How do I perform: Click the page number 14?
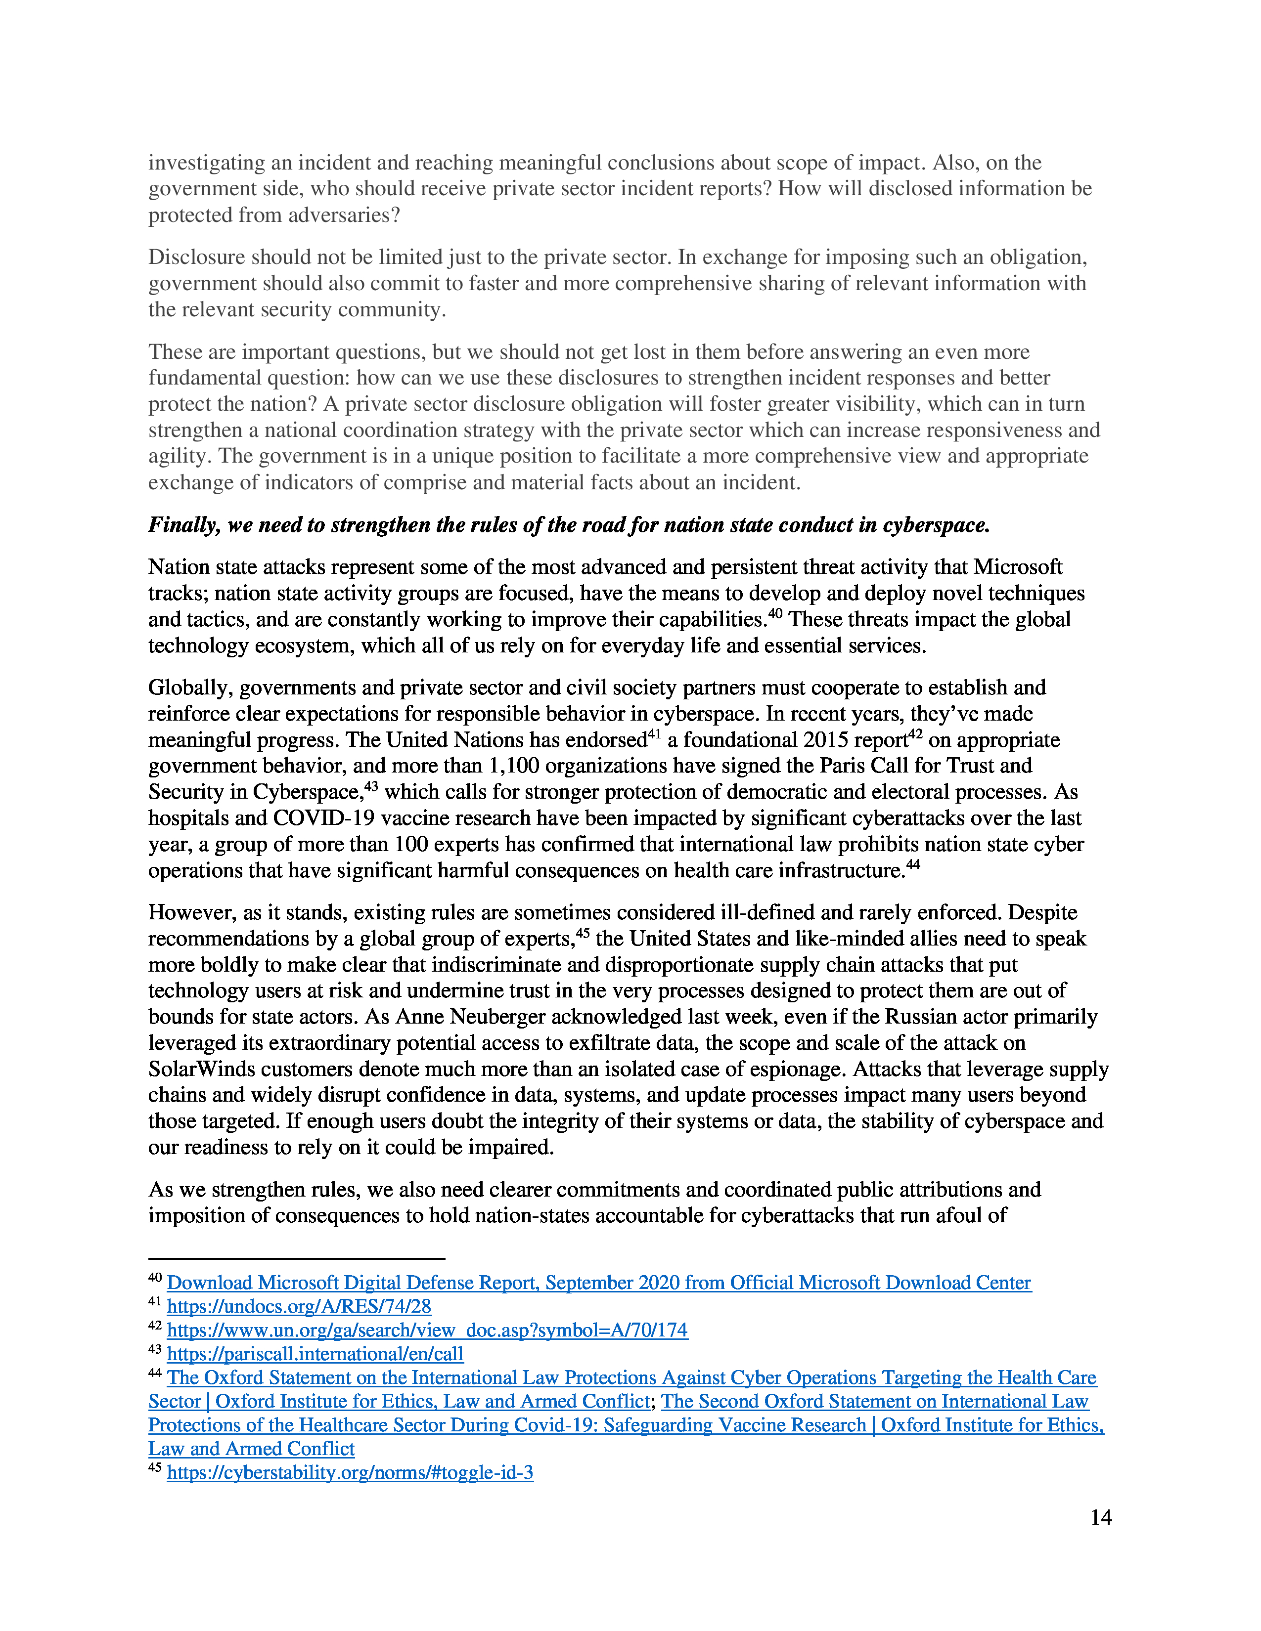(x=1100, y=1517)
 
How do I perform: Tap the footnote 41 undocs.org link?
(x=299, y=1306)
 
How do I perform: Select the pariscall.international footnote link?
(x=315, y=1353)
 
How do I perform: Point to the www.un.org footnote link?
(x=427, y=1330)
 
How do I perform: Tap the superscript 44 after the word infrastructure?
(x=913, y=865)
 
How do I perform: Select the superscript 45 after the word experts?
(x=583, y=933)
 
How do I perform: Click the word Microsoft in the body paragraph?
(x=1018, y=567)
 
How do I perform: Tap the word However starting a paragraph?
(x=190, y=912)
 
